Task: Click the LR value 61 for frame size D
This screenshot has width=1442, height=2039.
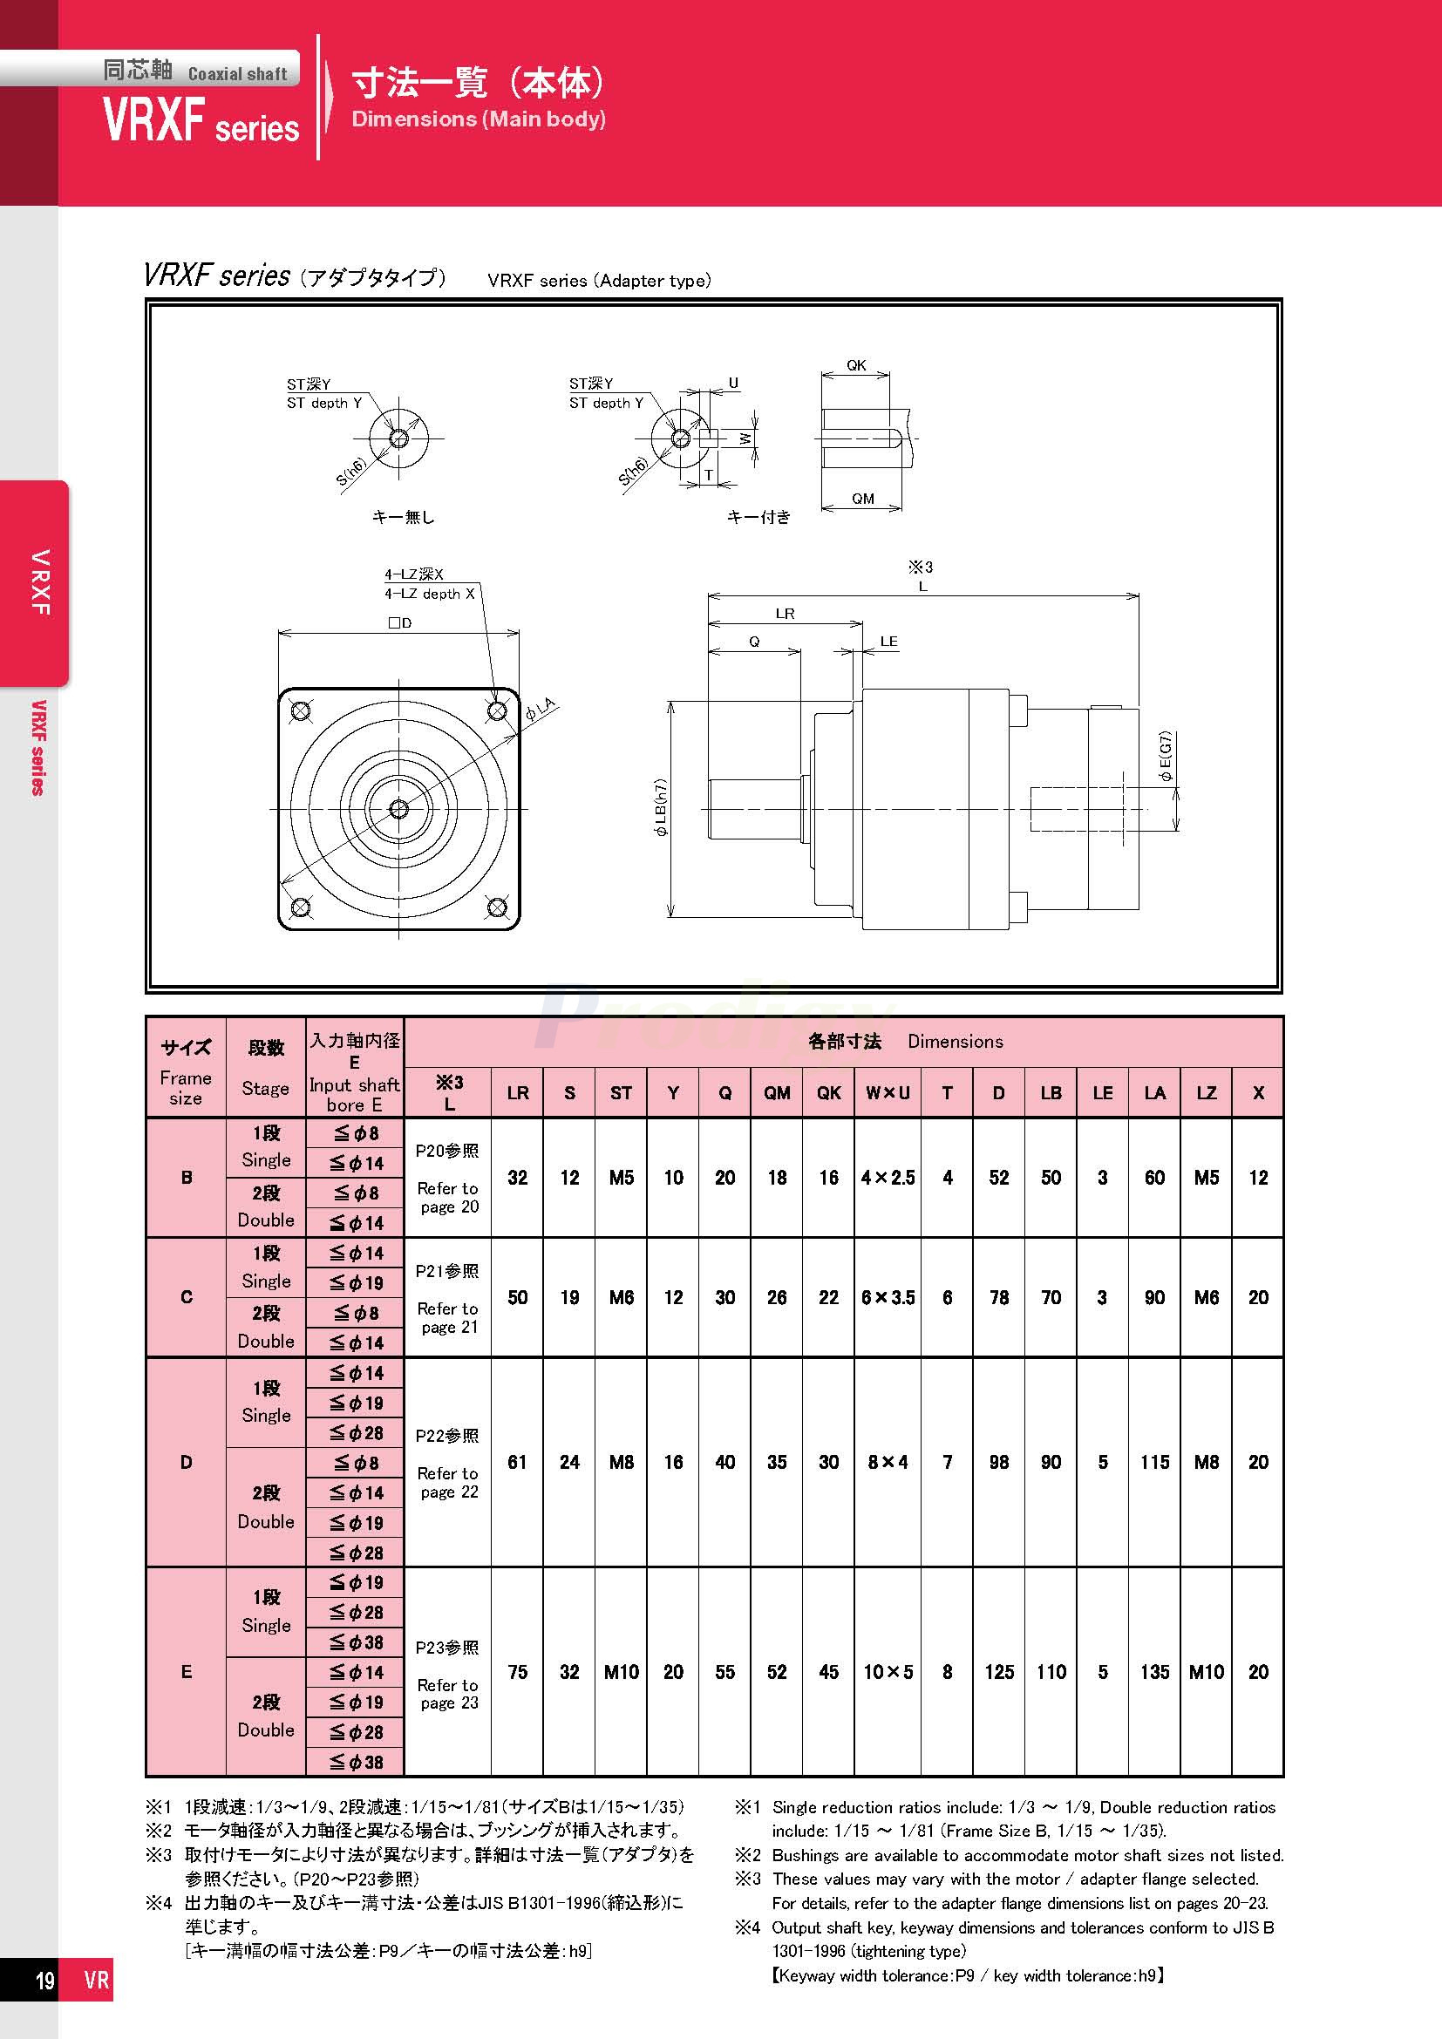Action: (x=517, y=1462)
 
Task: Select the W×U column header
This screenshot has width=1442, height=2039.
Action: (x=887, y=1093)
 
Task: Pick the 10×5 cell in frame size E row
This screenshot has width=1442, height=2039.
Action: (x=887, y=1672)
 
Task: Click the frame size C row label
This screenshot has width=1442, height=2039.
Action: (x=187, y=1297)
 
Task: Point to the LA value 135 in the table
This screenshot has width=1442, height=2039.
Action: (x=1154, y=1672)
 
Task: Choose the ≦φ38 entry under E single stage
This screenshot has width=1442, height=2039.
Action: (x=356, y=1642)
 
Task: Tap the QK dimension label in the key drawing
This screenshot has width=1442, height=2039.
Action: (x=855, y=365)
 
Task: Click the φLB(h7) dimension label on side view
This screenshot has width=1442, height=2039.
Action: (x=662, y=808)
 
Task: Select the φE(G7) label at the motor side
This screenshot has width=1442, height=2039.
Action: (x=1166, y=757)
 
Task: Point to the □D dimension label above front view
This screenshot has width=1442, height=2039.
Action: (x=399, y=622)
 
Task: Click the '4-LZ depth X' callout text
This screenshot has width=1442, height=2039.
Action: (x=429, y=594)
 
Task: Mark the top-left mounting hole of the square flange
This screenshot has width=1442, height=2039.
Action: (x=300, y=710)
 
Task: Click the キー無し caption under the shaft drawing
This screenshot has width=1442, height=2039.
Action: (x=402, y=517)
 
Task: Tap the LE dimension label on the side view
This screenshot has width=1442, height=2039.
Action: (x=888, y=642)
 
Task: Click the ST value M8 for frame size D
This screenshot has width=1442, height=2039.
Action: (x=621, y=1462)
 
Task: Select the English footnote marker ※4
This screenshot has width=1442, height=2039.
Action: (x=748, y=1928)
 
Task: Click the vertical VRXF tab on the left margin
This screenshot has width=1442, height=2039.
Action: (x=39, y=582)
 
